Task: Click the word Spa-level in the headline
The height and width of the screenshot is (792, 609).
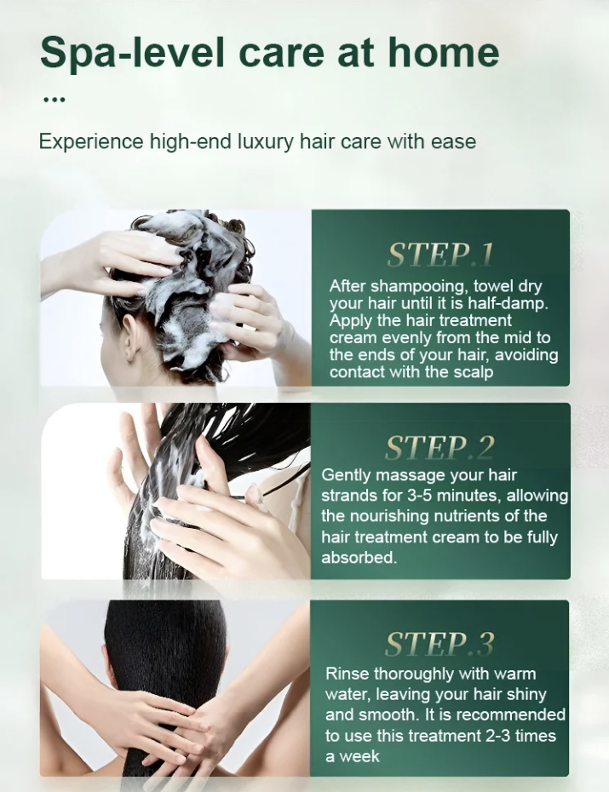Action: (x=132, y=53)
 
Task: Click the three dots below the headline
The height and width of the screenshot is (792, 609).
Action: (x=54, y=100)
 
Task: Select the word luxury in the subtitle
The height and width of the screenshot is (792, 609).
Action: (x=266, y=142)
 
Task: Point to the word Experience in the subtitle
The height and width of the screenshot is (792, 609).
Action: (x=91, y=142)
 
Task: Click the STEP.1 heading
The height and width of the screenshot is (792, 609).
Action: (x=440, y=255)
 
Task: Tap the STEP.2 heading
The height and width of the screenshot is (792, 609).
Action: (x=440, y=448)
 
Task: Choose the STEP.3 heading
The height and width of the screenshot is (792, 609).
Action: (x=440, y=644)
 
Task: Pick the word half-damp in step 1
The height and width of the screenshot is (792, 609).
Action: (x=507, y=304)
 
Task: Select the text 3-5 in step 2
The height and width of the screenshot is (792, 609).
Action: (x=419, y=496)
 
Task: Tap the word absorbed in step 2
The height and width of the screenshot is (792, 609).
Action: (x=359, y=558)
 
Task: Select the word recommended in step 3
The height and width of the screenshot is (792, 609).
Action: (x=510, y=715)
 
